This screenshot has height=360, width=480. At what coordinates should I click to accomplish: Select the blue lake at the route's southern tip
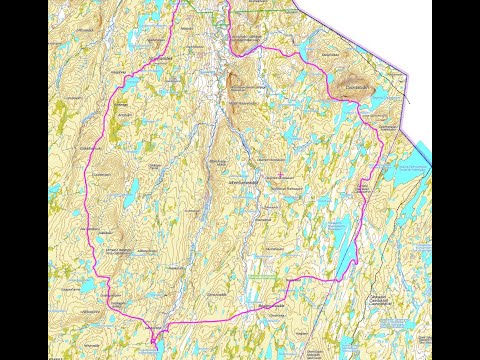[154, 346]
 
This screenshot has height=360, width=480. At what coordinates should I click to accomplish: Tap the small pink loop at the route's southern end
[152, 334]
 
